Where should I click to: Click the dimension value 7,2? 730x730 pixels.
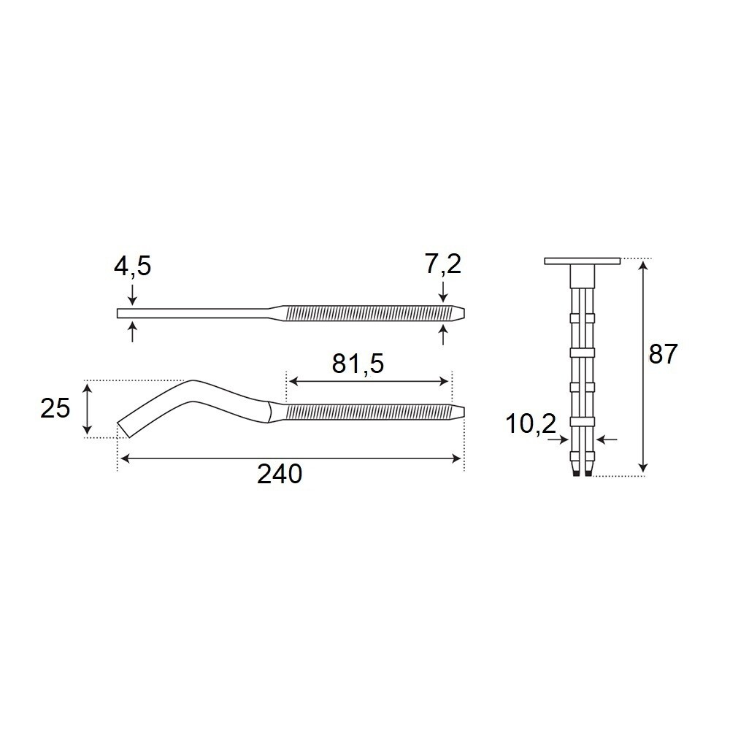[442, 264]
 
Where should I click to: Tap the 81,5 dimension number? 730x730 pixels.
[358, 364]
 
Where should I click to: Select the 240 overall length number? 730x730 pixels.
[280, 474]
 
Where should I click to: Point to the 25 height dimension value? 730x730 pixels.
[55, 408]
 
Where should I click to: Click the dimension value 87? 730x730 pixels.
[663, 355]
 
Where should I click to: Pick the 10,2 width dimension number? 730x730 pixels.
[531, 424]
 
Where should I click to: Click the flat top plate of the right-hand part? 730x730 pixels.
[583, 261]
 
